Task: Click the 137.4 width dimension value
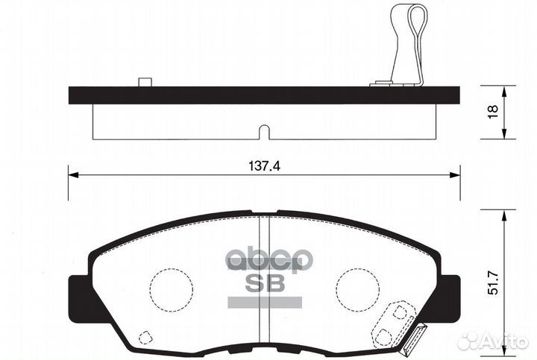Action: click(x=263, y=167)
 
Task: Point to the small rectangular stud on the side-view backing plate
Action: click(x=145, y=82)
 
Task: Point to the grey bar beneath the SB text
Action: click(x=264, y=301)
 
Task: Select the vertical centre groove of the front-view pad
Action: click(x=263, y=283)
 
